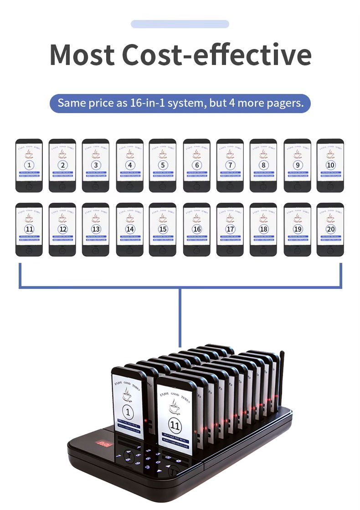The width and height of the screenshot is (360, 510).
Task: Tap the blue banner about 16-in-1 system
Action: (180, 103)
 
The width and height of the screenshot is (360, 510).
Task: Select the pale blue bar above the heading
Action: (180, 24)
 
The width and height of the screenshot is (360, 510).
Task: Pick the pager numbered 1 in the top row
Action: (29, 165)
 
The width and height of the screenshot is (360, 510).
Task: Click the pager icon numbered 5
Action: (163, 165)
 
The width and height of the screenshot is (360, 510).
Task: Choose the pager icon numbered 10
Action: (330, 165)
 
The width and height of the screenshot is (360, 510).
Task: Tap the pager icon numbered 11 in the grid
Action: (29, 229)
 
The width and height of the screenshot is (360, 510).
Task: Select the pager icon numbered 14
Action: (129, 229)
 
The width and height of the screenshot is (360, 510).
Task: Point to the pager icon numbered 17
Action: (230, 229)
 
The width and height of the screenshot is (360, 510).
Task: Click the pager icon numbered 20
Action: (330, 229)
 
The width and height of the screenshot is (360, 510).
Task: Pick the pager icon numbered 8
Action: (263, 165)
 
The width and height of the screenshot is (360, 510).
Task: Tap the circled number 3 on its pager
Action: (96, 165)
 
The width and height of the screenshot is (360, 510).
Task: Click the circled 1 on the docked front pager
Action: (128, 413)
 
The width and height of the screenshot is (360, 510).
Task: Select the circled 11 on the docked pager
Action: (175, 426)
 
